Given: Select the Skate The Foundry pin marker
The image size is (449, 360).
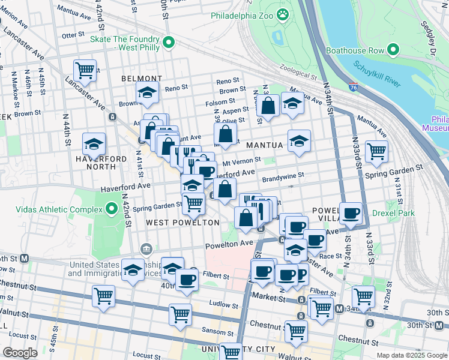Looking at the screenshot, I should click(x=169, y=42).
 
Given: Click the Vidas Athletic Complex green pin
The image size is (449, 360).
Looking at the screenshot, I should click(x=111, y=209).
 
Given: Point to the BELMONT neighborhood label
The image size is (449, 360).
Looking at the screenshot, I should click(x=142, y=79).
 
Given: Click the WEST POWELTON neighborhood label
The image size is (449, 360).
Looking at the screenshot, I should click(x=182, y=223).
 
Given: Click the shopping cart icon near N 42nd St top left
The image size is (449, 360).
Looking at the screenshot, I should click(x=85, y=70).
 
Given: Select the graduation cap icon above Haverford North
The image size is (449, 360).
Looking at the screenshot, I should click(x=94, y=143).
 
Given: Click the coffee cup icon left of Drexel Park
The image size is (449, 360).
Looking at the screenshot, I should click(x=351, y=212).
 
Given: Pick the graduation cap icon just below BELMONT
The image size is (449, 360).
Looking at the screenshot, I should click(x=146, y=93).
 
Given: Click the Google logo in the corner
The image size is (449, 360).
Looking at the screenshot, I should click(x=20, y=353).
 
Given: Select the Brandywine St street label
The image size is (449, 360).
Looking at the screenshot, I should click(x=283, y=176).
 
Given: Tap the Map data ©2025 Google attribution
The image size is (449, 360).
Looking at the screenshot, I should click(x=412, y=355).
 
